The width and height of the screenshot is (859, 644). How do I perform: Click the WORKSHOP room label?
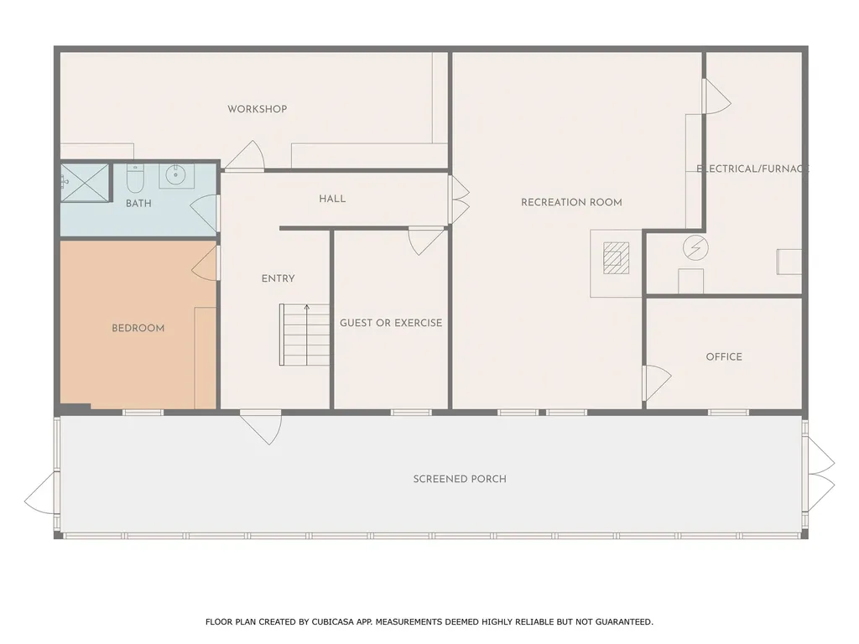(x=257, y=109)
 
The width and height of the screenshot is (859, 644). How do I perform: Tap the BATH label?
(x=138, y=204)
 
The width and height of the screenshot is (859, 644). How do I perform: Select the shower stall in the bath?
(x=86, y=182)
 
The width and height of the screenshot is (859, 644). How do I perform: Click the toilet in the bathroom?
(x=135, y=179)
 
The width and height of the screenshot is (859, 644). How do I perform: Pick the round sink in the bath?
(x=176, y=175)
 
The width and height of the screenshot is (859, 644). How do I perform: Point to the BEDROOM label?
(x=138, y=329)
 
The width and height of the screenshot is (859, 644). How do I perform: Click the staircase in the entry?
(x=305, y=335)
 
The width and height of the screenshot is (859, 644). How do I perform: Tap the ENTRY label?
(x=278, y=278)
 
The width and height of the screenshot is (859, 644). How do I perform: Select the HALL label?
(x=332, y=199)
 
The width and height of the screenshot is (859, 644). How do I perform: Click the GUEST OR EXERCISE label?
(x=390, y=323)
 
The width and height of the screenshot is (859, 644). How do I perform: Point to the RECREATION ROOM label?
(x=571, y=202)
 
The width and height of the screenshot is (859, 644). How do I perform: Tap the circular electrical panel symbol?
(x=695, y=247)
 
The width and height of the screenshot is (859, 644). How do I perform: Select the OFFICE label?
(x=724, y=356)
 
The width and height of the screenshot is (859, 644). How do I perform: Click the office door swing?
(x=656, y=382)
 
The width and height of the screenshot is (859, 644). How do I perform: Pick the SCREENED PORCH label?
(x=460, y=479)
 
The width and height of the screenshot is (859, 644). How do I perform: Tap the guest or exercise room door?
(x=426, y=240)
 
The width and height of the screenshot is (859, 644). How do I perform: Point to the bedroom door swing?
(x=206, y=263)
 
